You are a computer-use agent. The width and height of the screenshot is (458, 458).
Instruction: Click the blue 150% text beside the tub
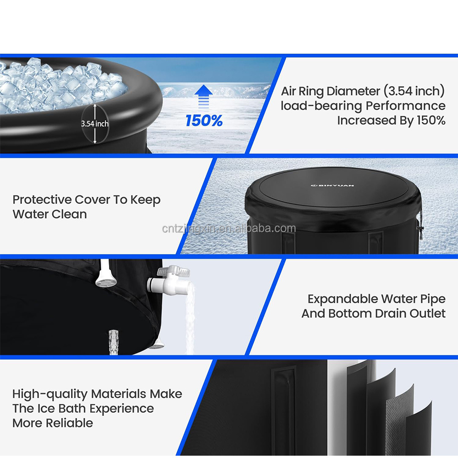(x=204, y=120)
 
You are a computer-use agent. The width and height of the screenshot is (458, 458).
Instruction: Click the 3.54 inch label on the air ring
(x=95, y=124)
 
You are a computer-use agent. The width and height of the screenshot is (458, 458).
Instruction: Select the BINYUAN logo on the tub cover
(x=332, y=185)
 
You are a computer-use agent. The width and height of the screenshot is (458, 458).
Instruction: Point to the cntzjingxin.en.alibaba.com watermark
(x=229, y=229)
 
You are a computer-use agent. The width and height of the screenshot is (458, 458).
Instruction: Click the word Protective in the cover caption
(x=42, y=200)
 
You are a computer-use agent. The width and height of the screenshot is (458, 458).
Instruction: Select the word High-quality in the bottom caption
(x=49, y=394)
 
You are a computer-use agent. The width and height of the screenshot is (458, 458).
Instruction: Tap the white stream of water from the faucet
(x=190, y=318)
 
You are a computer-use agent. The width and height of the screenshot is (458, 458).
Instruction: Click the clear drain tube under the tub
(x=114, y=342)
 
